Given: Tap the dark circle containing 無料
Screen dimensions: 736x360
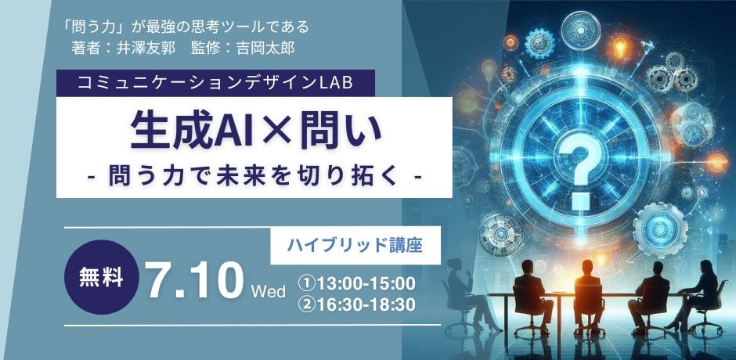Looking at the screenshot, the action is click(x=102, y=277).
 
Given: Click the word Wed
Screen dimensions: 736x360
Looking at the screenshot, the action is click(x=269, y=292).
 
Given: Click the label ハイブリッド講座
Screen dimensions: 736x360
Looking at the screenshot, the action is click(x=355, y=246).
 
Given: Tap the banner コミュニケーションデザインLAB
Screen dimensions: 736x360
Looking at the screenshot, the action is click(x=215, y=83).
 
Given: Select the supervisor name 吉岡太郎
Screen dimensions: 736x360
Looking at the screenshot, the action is click(x=265, y=49).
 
